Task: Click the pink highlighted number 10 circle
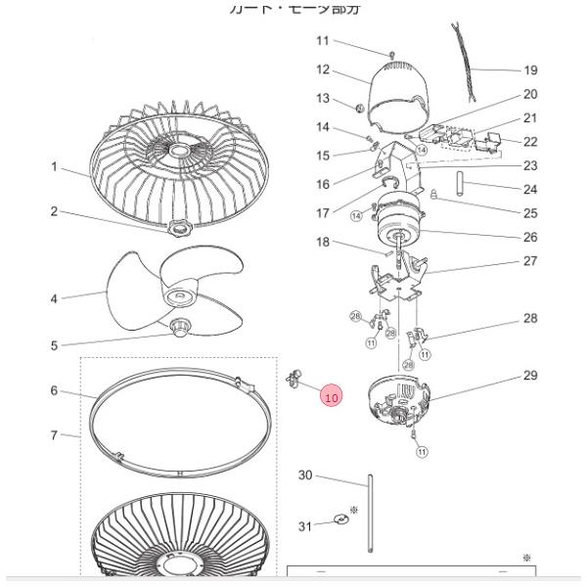tap(331, 397)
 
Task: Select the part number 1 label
tap(55, 167)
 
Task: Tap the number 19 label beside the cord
tap(530, 70)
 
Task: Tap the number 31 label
tap(304, 526)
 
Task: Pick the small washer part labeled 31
tap(339, 519)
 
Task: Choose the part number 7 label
tap(55, 434)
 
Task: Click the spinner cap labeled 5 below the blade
tap(180, 325)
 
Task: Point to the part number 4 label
tap(55, 297)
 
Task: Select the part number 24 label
tap(530, 189)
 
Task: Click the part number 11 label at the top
tap(323, 40)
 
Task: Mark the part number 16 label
tap(323, 183)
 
